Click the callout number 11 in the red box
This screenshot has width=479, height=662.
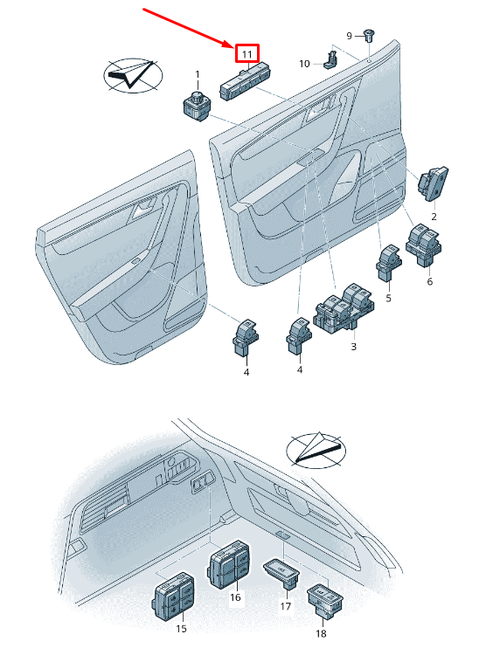(246, 54)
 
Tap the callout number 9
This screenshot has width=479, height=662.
(349, 36)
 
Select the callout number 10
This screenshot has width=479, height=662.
(304, 64)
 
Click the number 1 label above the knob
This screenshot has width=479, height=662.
(198, 75)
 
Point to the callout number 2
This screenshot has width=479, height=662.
(434, 217)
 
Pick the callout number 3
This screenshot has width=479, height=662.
(353, 347)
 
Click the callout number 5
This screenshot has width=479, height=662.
(389, 298)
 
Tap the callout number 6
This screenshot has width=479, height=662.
(429, 281)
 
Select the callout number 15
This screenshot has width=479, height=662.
(181, 629)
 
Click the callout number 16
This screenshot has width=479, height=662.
(235, 597)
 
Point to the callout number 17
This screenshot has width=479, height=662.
(286, 606)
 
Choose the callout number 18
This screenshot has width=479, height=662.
(321, 633)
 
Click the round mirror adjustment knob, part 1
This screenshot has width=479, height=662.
(196, 105)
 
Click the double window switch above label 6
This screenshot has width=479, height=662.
(424, 245)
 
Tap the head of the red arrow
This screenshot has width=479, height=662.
(231, 45)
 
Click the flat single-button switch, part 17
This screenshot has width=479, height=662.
(281, 573)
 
